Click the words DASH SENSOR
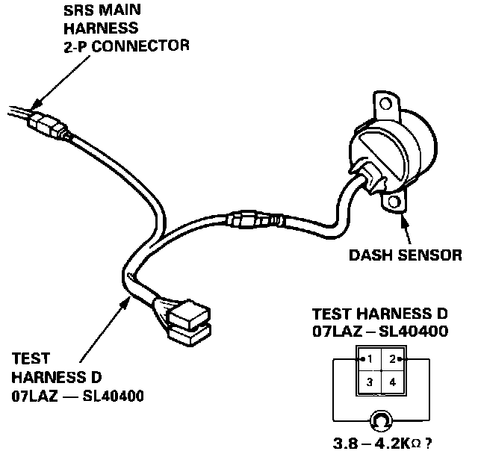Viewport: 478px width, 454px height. (406, 255)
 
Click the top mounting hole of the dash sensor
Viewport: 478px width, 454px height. (386, 105)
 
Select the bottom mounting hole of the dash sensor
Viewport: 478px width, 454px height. (396, 202)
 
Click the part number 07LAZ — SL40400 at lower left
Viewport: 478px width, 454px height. (78, 394)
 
